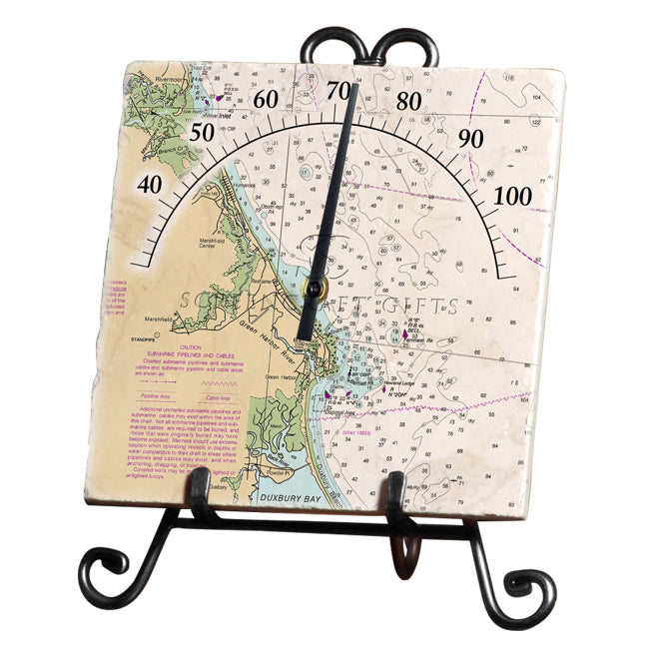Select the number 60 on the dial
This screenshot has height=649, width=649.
point(267,99)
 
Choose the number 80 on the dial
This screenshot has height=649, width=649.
point(408,101)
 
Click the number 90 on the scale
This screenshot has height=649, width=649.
point(470,139)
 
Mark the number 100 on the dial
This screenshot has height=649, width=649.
point(514,196)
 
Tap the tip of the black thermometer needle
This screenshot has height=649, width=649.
point(353,86)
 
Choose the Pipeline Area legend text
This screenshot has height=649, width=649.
point(151,396)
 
